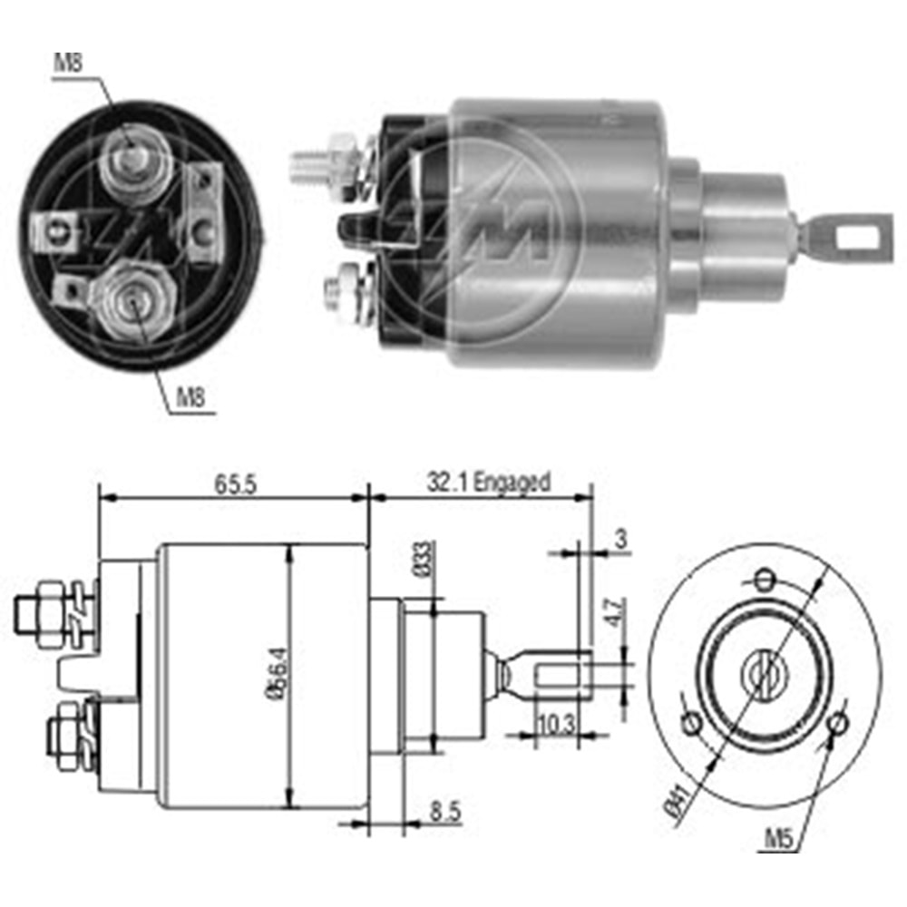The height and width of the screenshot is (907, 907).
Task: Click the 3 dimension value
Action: pyautogui.click(x=620, y=539)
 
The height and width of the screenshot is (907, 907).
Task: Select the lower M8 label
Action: pyautogui.click(x=190, y=397)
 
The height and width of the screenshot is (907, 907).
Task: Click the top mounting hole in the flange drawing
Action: pyautogui.click(x=766, y=578)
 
